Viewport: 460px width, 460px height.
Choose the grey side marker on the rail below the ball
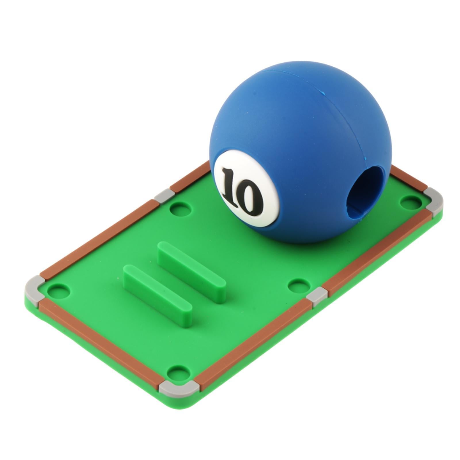coord(317,296)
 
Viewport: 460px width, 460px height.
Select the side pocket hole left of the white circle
coord(180,209)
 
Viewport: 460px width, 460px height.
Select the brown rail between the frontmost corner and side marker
coord(253,339)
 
